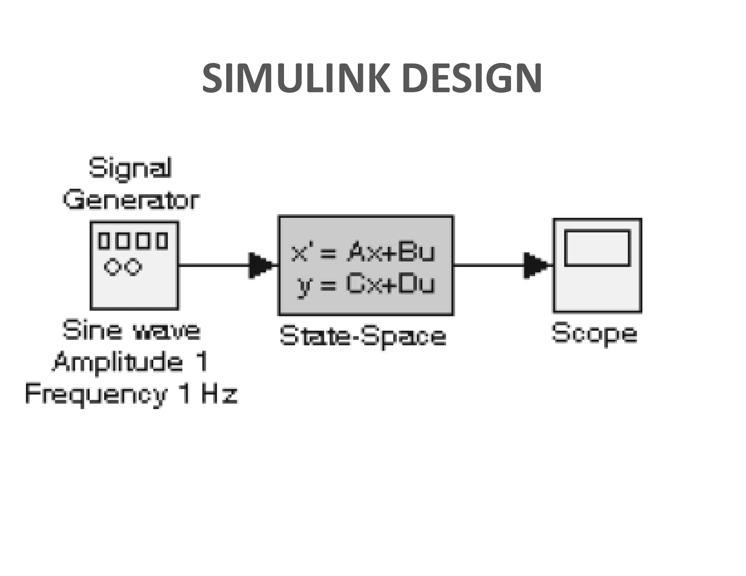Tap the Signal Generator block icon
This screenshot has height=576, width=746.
coord(134,265)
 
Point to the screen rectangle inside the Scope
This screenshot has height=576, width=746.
coord(597,248)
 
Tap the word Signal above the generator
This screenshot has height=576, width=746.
coord(130,169)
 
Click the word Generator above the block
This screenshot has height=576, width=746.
coord(131,200)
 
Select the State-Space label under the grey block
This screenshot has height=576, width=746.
coord(363,336)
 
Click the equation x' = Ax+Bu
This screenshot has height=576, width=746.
coord(363,252)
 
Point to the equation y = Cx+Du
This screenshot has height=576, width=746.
coord(366,285)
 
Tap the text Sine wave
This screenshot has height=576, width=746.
coord(131,330)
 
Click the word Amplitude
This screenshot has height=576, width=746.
coord(117,362)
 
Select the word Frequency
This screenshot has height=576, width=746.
coord(96,394)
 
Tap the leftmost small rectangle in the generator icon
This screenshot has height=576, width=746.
coord(104,241)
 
